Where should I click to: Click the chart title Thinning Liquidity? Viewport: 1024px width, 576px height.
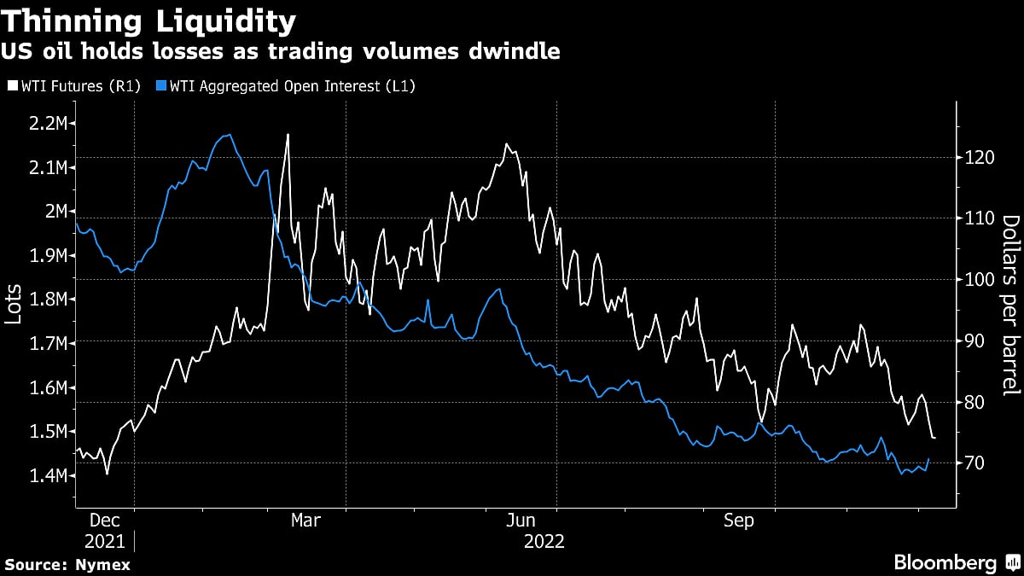click(151, 20)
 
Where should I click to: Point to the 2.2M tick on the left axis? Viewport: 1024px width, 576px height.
click(47, 124)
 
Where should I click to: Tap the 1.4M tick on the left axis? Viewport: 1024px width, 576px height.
click(47, 475)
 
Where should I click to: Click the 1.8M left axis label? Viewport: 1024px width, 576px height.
click(47, 300)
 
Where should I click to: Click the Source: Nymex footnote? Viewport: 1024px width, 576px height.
click(67, 564)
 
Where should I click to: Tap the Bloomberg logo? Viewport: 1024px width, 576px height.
click(956, 562)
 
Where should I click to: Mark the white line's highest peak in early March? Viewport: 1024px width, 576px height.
click(288, 135)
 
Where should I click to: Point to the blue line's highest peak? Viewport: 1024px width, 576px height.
click(229, 135)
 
